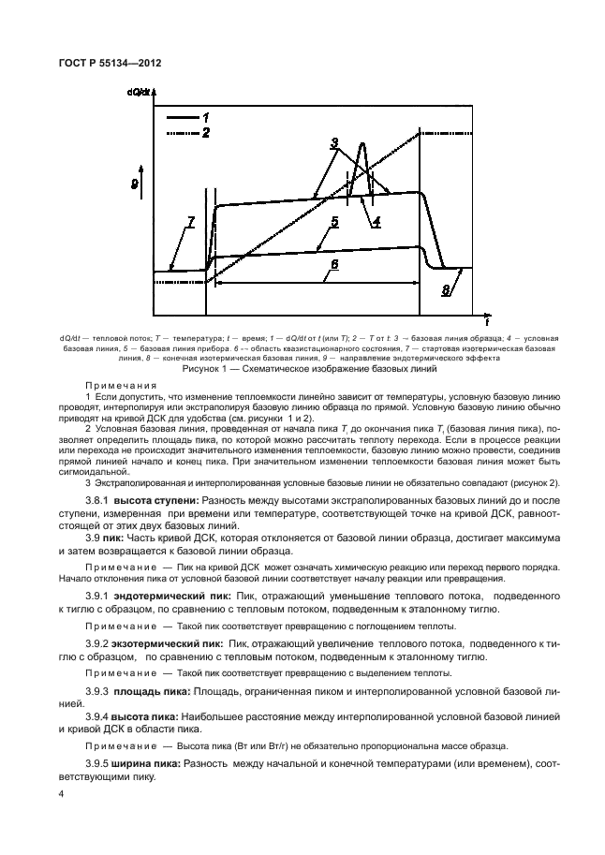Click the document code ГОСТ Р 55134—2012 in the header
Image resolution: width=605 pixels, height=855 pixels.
(x=97, y=63)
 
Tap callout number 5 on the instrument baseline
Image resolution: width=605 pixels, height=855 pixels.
(x=333, y=222)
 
